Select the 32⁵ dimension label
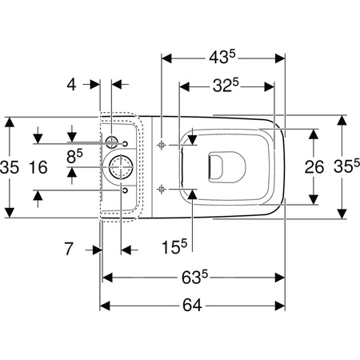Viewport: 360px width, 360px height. (x=226, y=86)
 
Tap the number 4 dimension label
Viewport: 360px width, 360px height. (x=71, y=85)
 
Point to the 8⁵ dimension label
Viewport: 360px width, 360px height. (x=74, y=156)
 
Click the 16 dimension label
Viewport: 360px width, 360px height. (x=38, y=167)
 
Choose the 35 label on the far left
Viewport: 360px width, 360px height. (x=10, y=167)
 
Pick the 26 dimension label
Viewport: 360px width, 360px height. (x=314, y=167)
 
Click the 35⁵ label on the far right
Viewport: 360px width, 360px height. (x=346, y=166)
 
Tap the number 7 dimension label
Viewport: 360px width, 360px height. (x=69, y=249)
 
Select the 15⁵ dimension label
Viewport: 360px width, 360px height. (x=174, y=246)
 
